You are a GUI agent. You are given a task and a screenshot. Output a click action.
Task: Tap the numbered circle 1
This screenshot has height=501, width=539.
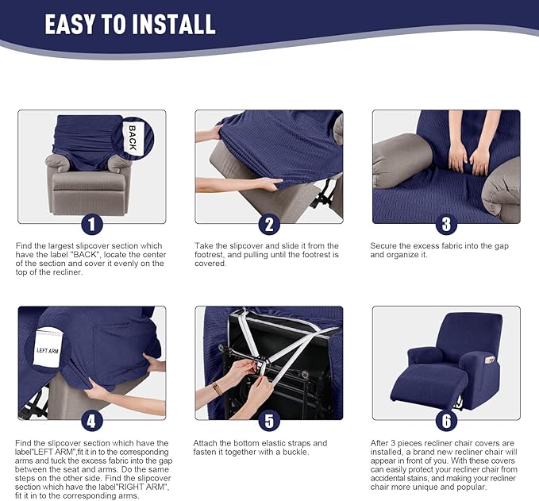click(x=92, y=224)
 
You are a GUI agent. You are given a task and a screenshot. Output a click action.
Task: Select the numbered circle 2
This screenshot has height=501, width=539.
click(x=268, y=224)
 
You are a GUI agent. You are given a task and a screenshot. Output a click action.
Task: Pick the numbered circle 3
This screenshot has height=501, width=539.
click(x=445, y=224)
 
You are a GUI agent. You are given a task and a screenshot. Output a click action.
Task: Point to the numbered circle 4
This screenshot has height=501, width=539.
click(x=92, y=420)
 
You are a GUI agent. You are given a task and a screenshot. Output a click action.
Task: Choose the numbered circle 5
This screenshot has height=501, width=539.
click(x=268, y=420)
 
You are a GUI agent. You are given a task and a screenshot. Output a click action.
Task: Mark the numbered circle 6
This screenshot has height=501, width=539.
click(x=445, y=420)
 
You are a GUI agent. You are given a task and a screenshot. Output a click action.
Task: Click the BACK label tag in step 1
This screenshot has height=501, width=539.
click(x=133, y=133)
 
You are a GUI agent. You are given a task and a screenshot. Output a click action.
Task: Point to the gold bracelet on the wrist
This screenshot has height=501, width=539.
click(x=217, y=388)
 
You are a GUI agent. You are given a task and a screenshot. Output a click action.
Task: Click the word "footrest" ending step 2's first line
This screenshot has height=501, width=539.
click(x=322, y=246)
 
